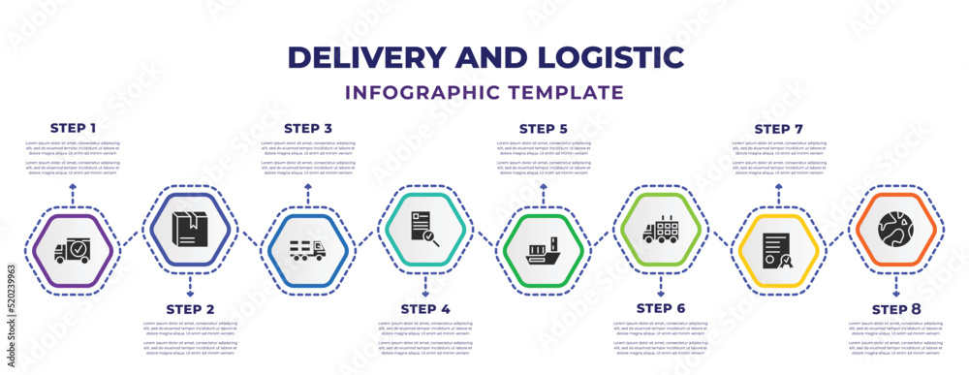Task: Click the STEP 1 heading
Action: (73, 128)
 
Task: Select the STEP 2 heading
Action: (190, 309)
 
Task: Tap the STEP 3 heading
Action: (308, 128)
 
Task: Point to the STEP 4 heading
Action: (425, 309)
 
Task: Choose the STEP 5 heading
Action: (544, 128)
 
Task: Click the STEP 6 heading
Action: (661, 309)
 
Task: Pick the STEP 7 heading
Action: (778, 128)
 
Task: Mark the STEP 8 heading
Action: (895, 309)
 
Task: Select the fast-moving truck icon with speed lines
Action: (308, 250)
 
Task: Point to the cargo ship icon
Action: (544, 250)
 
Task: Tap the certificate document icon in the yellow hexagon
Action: (778, 250)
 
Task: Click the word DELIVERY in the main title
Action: (374, 56)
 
